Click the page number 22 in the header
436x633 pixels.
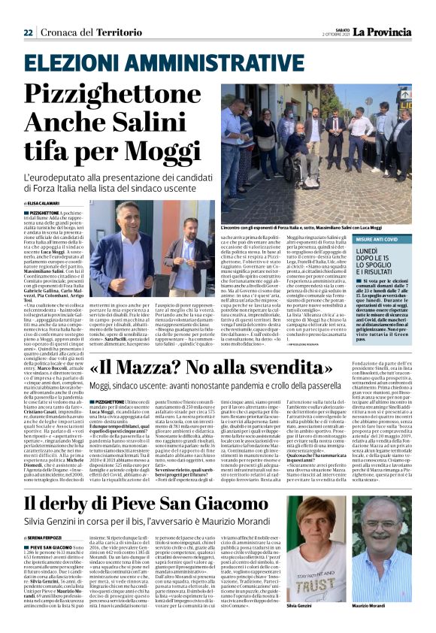tap(29, 11)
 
